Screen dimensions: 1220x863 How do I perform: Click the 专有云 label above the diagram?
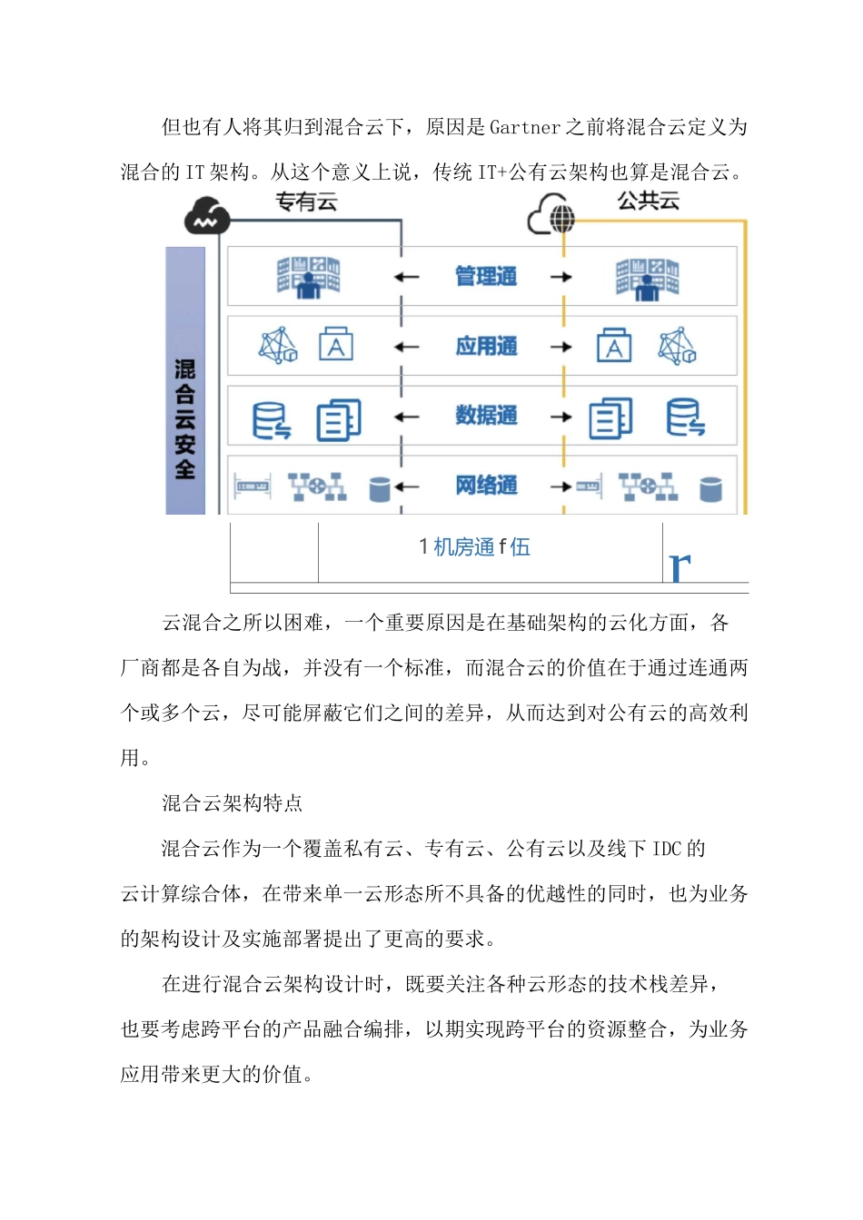pos(307,202)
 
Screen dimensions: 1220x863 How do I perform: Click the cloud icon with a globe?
pos(552,215)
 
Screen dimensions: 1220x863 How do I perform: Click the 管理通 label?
pos(486,276)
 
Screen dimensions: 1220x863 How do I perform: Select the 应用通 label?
pos(486,346)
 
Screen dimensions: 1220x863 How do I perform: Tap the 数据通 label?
pos(486,416)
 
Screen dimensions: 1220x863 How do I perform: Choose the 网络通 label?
pos(486,486)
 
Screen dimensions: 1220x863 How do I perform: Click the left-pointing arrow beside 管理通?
pos(406,277)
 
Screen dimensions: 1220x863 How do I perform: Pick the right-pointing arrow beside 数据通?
pos(561,417)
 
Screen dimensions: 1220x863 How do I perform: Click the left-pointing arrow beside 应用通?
pos(406,347)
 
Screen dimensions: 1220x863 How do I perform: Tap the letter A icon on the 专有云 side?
pos(335,347)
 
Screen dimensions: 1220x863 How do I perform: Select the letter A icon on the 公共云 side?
pos(614,347)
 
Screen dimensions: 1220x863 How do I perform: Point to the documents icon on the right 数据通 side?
pos(610,418)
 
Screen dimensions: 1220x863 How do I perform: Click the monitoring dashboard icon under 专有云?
pos(308,277)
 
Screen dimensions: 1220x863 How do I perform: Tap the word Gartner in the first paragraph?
pos(524,128)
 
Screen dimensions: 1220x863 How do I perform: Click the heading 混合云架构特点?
pos(232,803)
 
